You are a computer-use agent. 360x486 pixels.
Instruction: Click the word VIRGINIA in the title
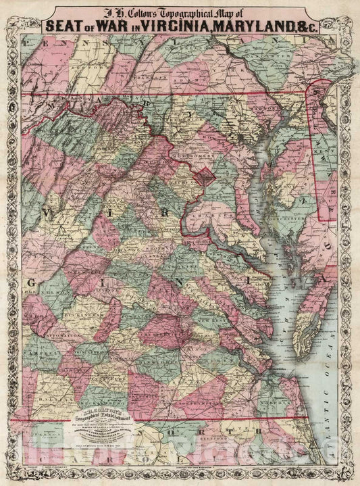tap(180, 26)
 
